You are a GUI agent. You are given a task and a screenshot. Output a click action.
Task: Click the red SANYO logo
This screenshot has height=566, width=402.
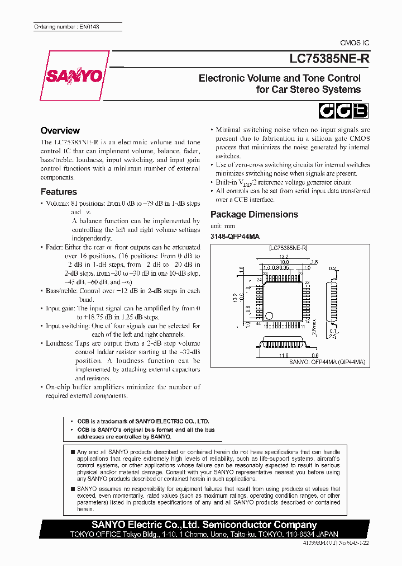[x=74, y=75]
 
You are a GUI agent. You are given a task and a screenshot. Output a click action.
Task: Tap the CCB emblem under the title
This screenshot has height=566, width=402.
[x=343, y=111]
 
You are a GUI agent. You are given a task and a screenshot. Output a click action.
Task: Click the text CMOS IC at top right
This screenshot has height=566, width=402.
[x=355, y=43]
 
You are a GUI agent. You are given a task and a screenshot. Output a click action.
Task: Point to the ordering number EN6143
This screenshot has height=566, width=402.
[x=66, y=27]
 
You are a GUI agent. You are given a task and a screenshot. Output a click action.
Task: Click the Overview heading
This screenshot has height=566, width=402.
[x=60, y=130]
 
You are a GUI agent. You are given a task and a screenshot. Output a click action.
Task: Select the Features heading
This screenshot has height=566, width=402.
[x=59, y=192]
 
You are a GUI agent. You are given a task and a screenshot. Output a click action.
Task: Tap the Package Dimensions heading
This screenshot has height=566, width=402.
[x=254, y=215]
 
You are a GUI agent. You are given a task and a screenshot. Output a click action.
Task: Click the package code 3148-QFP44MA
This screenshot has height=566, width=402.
[x=235, y=237]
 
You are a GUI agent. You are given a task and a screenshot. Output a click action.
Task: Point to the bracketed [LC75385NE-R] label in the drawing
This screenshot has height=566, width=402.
[x=288, y=247]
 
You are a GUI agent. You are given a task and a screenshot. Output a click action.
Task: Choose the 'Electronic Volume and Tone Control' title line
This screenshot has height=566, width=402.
[x=279, y=78]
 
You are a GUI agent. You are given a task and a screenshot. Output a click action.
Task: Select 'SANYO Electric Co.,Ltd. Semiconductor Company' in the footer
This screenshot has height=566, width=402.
[x=204, y=525]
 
